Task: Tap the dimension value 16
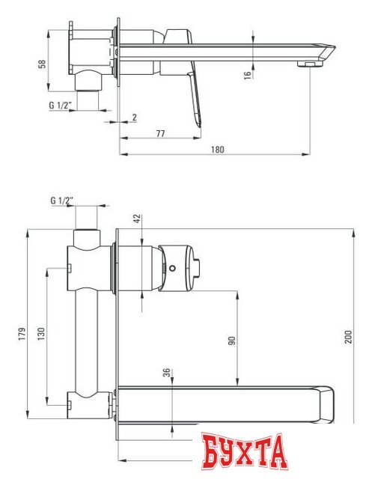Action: tap(246, 75)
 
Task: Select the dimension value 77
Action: tap(160, 132)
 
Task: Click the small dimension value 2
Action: tap(134, 118)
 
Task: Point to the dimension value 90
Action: tap(232, 340)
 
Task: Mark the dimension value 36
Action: tap(165, 373)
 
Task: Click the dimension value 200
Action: tap(347, 338)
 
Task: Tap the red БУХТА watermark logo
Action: tap(244, 452)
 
